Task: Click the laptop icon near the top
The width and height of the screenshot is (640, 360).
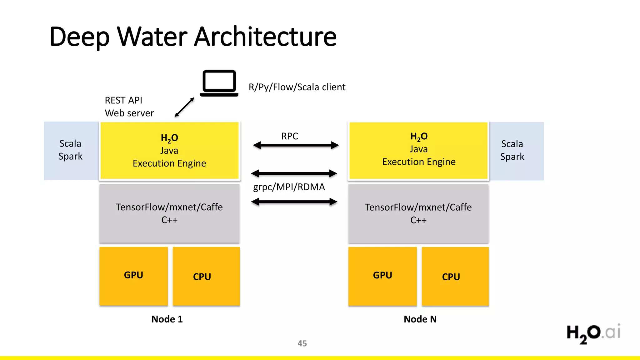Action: (x=219, y=83)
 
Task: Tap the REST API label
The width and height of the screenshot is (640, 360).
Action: (x=123, y=100)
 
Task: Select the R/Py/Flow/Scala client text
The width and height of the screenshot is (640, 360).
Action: (x=297, y=87)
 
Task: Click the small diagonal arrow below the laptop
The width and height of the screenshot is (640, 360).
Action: (x=185, y=107)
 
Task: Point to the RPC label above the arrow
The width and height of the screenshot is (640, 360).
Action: (x=289, y=136)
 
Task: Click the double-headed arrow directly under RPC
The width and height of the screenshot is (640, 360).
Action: (x=296, y=145)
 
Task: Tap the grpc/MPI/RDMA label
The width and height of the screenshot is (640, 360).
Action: (x=289, y=187)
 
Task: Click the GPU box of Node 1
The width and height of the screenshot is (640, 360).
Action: (x=133, y=276)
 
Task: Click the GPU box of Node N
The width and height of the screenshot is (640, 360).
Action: (x=382, y=276)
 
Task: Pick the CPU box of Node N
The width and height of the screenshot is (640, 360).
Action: (x=455, y=276)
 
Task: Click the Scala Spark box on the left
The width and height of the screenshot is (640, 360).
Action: (x=71, y=150)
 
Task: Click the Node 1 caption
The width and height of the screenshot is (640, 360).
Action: (x=167, y=319)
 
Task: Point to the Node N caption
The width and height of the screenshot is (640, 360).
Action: (x=420, y=319)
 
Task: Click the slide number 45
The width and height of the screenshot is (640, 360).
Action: (x=302, y=343)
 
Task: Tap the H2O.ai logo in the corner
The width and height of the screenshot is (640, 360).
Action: (x=593, y=333)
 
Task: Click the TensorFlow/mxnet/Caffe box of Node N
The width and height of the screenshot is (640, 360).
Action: (x=418, y=213)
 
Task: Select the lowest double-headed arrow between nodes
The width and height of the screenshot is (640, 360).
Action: (x=294, y=202)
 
